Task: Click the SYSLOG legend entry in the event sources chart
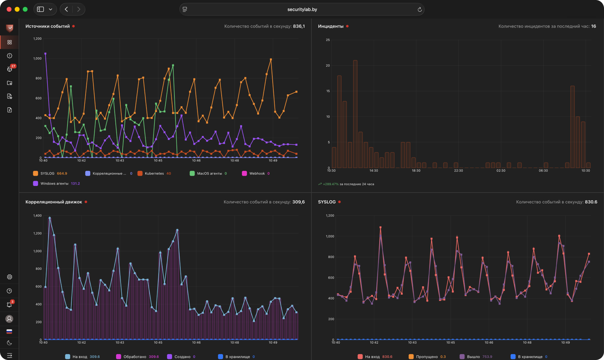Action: [50, 173]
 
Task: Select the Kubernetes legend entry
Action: [154, 173]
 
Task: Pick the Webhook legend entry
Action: [256, 173]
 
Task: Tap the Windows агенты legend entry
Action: [56, 183]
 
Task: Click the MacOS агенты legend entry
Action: [208, 173]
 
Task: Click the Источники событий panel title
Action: [48, 26]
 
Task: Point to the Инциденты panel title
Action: [331, 26]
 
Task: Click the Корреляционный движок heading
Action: [54, 202]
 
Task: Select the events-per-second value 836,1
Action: [299, 26]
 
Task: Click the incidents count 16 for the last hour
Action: [594, 26]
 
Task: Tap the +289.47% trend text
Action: [331, 184]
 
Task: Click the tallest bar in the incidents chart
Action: [355, 114]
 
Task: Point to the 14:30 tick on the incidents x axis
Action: [374, 171]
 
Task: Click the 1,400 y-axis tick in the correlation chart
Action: [37, 216]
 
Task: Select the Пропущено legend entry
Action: [427, 357]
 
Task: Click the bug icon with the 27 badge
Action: [9, 69]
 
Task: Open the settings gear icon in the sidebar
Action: [9, 277]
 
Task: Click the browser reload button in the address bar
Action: [419, 9]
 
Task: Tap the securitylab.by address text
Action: [302, 9]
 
